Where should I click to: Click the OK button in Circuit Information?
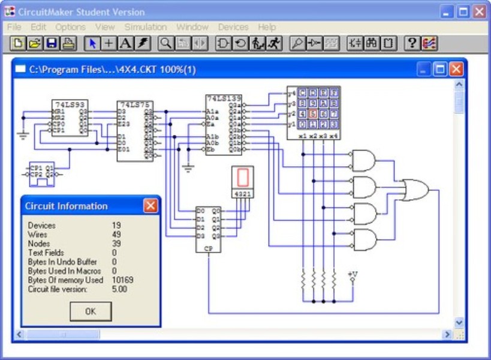tap(91, 311)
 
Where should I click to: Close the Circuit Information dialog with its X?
tap(150, 206)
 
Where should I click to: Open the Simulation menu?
tap(146, 27)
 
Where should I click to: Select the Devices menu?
tap(233, 27)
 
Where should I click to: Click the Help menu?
tap(267, 27)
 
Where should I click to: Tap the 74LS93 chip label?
tap(65, 104)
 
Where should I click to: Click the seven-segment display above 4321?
tap(243, 178)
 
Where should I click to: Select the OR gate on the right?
tap(414, 190)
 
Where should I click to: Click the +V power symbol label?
tap(353, 274)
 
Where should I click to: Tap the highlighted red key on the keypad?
tap(312, 113)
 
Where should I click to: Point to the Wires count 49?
tap(116, 235)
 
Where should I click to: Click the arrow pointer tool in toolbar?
tap(93, 43)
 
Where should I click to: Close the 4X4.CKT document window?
tap(457, 69)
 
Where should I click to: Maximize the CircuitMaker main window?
tap(463, 11)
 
